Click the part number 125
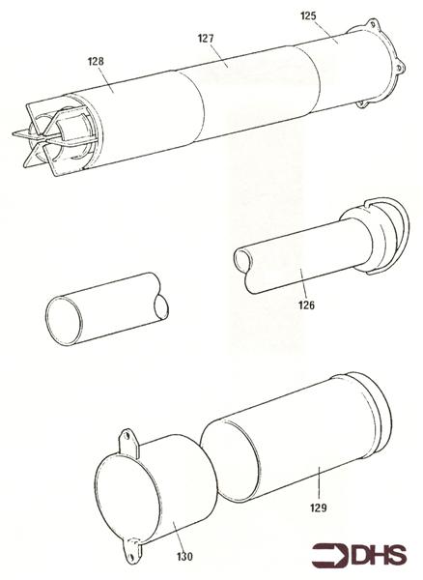click(309, 16)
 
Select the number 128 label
click(95, 61)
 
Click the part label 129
click(318, 505)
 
